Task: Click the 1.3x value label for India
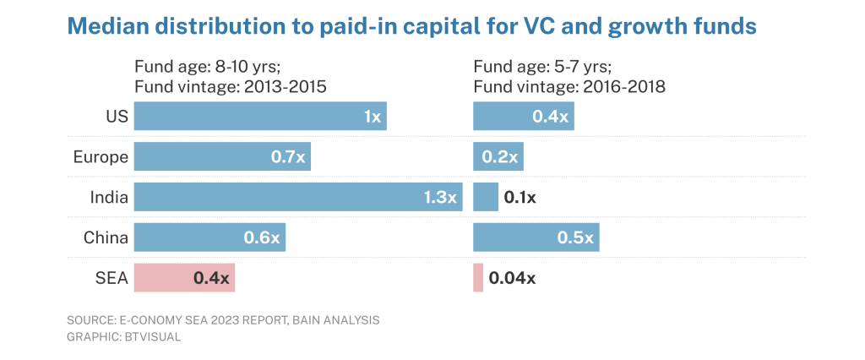(440, 197)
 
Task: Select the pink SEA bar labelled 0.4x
(184, 278)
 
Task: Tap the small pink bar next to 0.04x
(478, 278)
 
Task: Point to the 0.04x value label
(512, 278)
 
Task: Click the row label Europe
(101, 157)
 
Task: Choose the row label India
(109, 197)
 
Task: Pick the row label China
(106, 238)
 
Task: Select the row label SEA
(112, 278)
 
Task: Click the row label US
(117, 117)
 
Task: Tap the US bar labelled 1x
(260, 116)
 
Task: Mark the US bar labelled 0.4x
(524, 116)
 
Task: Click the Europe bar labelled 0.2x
(498, 157)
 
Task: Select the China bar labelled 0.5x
(536, 237)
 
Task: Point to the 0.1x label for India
(520, 198)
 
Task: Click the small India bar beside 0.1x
(486, 197)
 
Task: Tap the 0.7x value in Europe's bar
(288, 157)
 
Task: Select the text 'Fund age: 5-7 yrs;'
(542, 68)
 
